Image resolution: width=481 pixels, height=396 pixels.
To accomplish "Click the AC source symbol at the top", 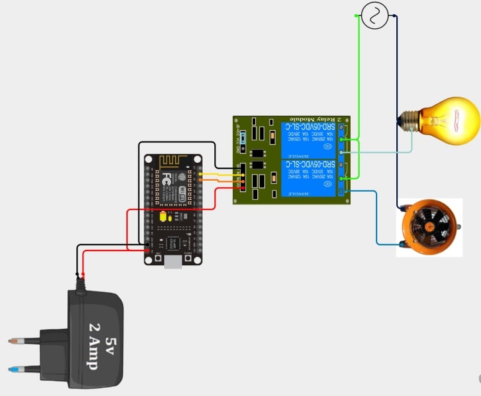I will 374,15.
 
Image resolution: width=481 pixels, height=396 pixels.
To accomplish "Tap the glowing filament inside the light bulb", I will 457,120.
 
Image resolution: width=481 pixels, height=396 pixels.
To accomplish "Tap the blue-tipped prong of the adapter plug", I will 20,369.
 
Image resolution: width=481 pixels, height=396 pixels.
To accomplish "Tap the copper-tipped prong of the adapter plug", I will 20,340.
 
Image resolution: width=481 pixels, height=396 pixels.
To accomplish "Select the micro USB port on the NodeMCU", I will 173,262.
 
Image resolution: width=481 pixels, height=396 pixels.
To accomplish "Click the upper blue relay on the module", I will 307,139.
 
